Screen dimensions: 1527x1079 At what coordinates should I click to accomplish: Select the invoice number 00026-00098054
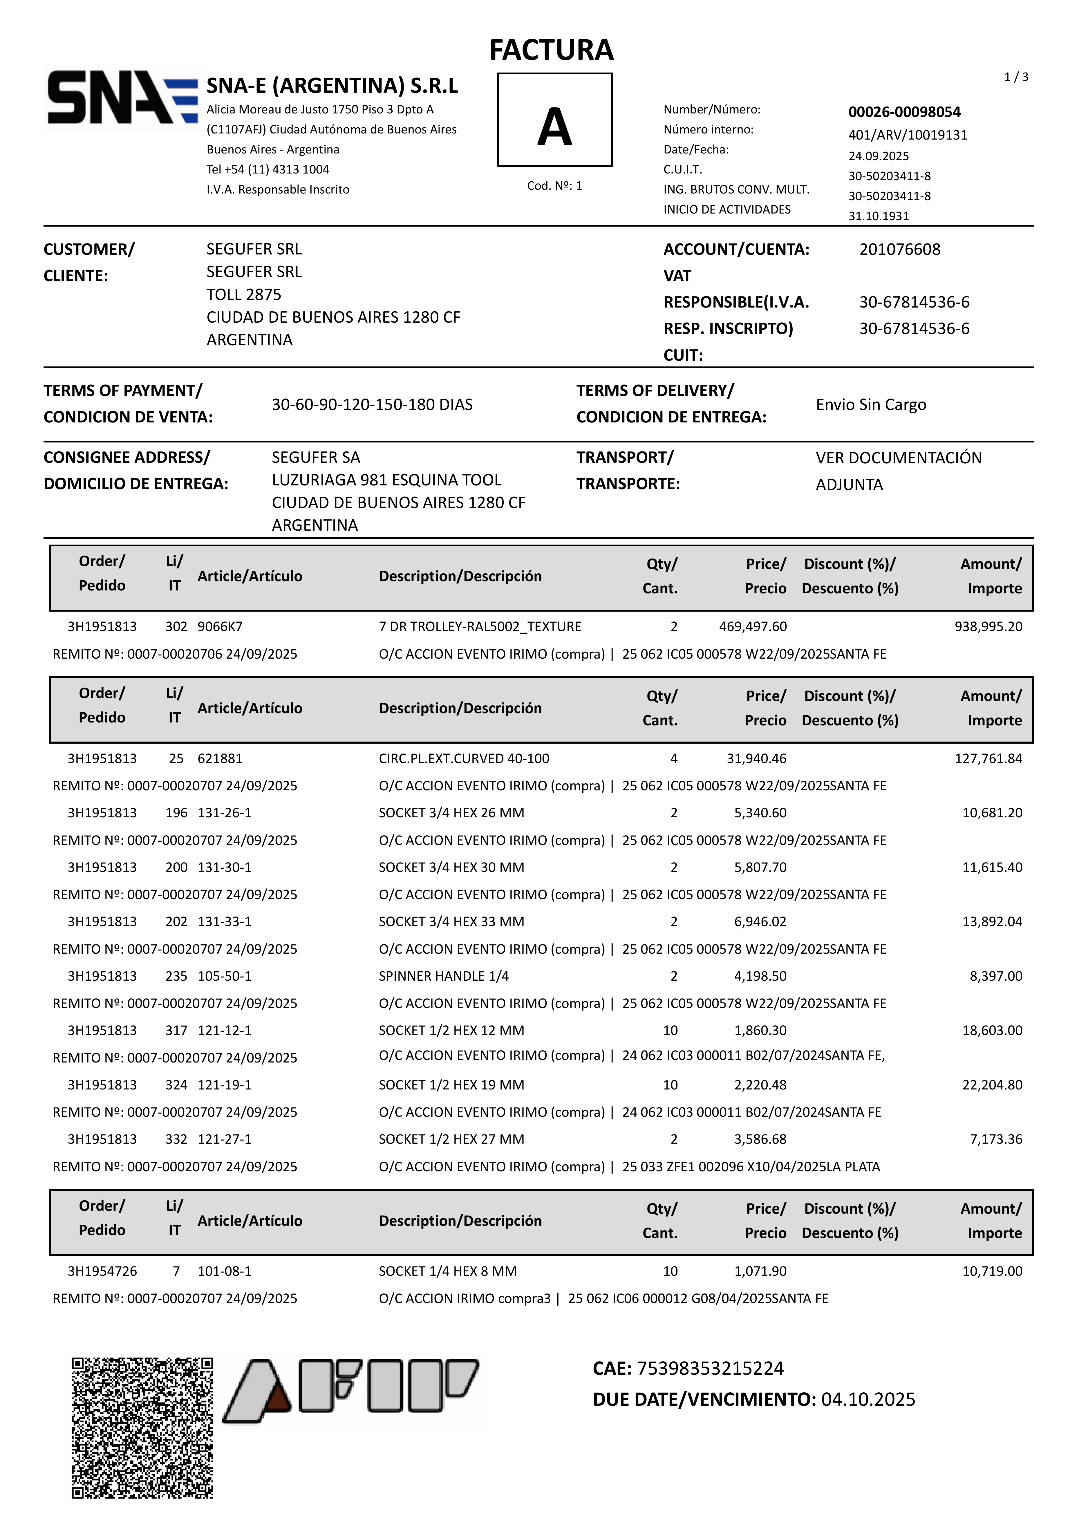(904, 112)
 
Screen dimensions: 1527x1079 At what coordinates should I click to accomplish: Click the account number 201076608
(899, 250)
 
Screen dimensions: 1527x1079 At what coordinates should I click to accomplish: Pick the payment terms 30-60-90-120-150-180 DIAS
(372, 404)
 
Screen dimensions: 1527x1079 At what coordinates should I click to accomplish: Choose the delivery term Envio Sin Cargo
(871, 404)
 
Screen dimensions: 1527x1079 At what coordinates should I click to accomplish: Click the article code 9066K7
(220, 626)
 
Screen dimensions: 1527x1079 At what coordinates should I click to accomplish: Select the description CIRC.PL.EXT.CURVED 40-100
(464, 758)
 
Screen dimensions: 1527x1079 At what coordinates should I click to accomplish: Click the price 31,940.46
(756, 758)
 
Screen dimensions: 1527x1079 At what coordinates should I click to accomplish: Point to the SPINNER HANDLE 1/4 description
(444, 976)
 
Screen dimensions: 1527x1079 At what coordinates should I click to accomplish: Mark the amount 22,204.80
(992, 1085)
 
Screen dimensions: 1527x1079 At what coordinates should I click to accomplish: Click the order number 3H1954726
(102, 1271)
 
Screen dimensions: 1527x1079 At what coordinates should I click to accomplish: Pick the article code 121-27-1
(225, 1139)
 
